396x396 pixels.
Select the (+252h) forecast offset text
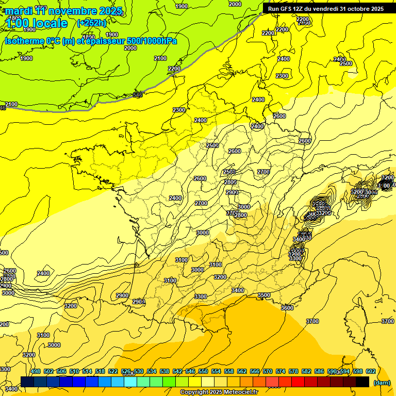click(91, 23)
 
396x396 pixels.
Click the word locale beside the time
click(49, 23)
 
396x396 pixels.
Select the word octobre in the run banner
click(353, 9)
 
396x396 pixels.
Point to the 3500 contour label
click(263, 295)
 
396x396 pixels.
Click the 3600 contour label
click(287, 307)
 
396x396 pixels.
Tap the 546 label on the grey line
click(138, 95)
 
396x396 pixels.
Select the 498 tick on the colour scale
click(36, 371)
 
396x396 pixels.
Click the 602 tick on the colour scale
click(370, 371)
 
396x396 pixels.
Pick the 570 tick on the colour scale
click(268, 371)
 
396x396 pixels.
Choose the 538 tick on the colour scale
click(164, 371)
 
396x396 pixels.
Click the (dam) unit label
click(381, 383)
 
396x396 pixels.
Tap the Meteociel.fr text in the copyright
click(239, 392)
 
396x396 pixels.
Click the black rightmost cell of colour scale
click(362, 382)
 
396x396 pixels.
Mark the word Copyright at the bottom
click(194, 392)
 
